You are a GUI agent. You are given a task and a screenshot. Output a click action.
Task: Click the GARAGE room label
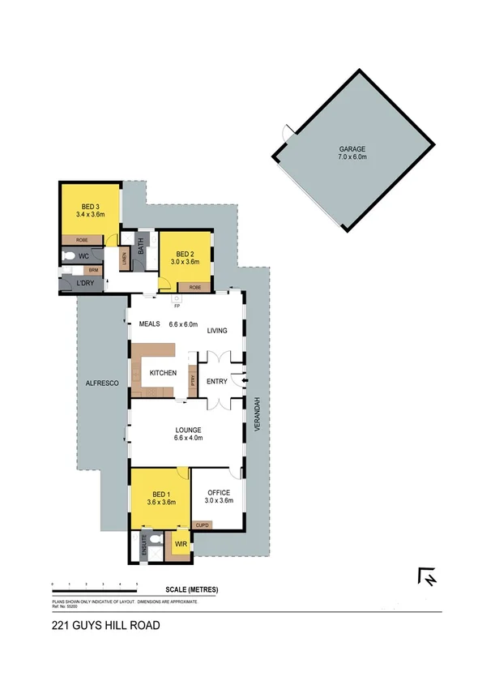pyautogui.click(x=352, y=149)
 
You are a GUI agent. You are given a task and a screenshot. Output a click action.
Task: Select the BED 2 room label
pyautogui.click(x=186, y=253)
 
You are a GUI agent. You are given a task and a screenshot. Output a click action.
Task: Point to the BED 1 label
pyautogui.click(x=161, y=494)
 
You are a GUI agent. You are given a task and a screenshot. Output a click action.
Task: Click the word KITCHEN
pyautogui.click(x=163, y=372)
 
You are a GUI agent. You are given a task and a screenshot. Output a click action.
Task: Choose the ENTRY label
pyautogui.click(x=218, y=381)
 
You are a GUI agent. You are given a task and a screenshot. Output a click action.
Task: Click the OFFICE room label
pyautogui.click(x=219, y=492)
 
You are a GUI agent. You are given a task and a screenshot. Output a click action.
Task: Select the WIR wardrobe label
pyautogui.click(x=181, y=544)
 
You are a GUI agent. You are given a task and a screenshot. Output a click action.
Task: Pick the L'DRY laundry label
pyautogui.click(x=83, y=283)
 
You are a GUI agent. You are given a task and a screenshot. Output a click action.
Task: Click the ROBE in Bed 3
pyautogui.click(x=83, y=240)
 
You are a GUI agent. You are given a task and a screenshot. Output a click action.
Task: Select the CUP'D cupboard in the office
pyautogui.click(x=203, y=525)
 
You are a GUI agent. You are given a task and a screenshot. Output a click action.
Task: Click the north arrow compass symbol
pyautogui.click(x=428, y=576)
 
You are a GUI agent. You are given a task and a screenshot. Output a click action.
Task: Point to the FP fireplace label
pyautogui.click(x=177, y=306)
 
